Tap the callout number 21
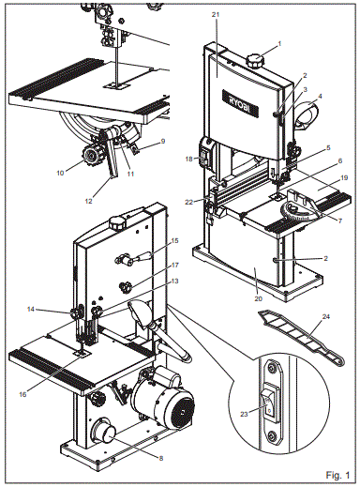216,17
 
